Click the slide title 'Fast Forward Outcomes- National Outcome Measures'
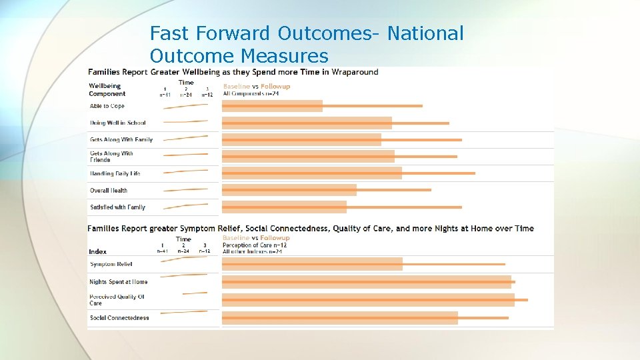point(307,44)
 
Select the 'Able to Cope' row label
point(107,106)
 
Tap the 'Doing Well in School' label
point(118,123)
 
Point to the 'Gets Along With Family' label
point(121,139)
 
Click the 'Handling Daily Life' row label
point(115,173)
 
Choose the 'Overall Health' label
point(109,191)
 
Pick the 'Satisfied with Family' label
point(117,207)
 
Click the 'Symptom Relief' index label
point(111,265)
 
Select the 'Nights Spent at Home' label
point(119,282)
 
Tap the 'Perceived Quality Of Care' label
point(117,300)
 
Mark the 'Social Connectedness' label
point(119,318)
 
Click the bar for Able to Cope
point(272,106)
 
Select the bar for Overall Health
point(289,190)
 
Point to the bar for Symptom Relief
point(312,264)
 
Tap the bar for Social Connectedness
point(340,318)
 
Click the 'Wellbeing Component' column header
point(107,90)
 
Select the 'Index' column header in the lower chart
point(97,251)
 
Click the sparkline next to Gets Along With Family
point(185,138)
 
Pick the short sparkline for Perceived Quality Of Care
point(195,293)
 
